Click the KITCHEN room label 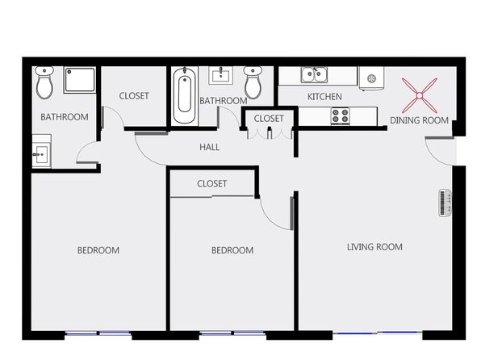324,97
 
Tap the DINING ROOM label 419,120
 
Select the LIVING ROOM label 374,247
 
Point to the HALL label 210,147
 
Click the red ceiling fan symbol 420,96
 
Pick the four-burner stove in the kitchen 341,116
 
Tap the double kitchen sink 314,75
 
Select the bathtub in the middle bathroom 184,95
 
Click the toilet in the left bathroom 44,83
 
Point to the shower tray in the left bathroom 80,80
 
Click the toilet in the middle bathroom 253,82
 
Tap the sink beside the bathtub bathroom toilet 221,76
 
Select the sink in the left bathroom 42,151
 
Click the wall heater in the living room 445,203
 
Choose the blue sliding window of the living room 378,333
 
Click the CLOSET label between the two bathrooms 134,96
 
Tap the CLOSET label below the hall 211,183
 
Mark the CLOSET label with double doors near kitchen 269,119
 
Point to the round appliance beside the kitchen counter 371,78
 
